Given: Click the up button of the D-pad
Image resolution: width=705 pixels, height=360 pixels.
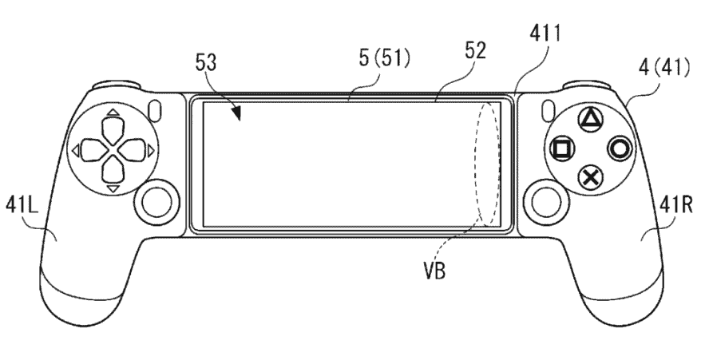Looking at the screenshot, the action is (x=113, y=129).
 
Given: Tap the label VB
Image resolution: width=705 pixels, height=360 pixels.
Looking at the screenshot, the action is (x=434, y=271).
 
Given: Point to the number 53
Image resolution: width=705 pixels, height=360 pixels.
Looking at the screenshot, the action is (x=206, y=62).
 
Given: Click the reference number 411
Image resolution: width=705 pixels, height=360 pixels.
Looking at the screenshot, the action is (x=545, y=34).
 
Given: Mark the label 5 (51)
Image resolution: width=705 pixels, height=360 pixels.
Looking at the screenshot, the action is (x=384, y=58).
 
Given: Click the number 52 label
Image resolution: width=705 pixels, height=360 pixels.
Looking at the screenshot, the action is (x=476, y=51).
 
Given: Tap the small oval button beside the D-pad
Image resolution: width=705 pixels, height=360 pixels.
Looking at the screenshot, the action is (x=156, y=110).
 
